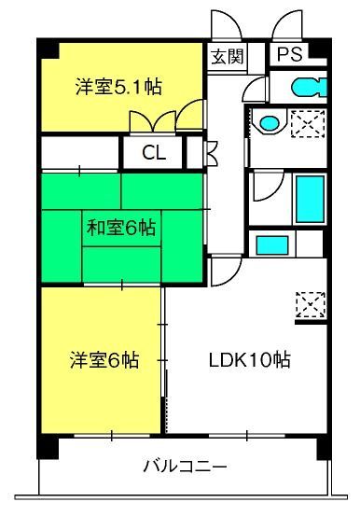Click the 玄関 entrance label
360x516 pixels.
228,57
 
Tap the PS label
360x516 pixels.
289,53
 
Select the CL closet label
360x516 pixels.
154,153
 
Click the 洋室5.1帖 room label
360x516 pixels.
118,87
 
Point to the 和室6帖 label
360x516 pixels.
121,228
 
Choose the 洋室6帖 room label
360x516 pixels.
104,359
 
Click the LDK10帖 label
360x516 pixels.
250,359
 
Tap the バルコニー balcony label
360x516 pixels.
185,467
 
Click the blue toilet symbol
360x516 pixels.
309,87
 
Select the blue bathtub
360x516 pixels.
310,199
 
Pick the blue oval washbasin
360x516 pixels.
270,123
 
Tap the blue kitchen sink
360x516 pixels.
272,245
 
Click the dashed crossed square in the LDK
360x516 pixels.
311,304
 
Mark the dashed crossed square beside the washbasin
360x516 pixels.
308,123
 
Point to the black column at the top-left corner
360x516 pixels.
48,49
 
